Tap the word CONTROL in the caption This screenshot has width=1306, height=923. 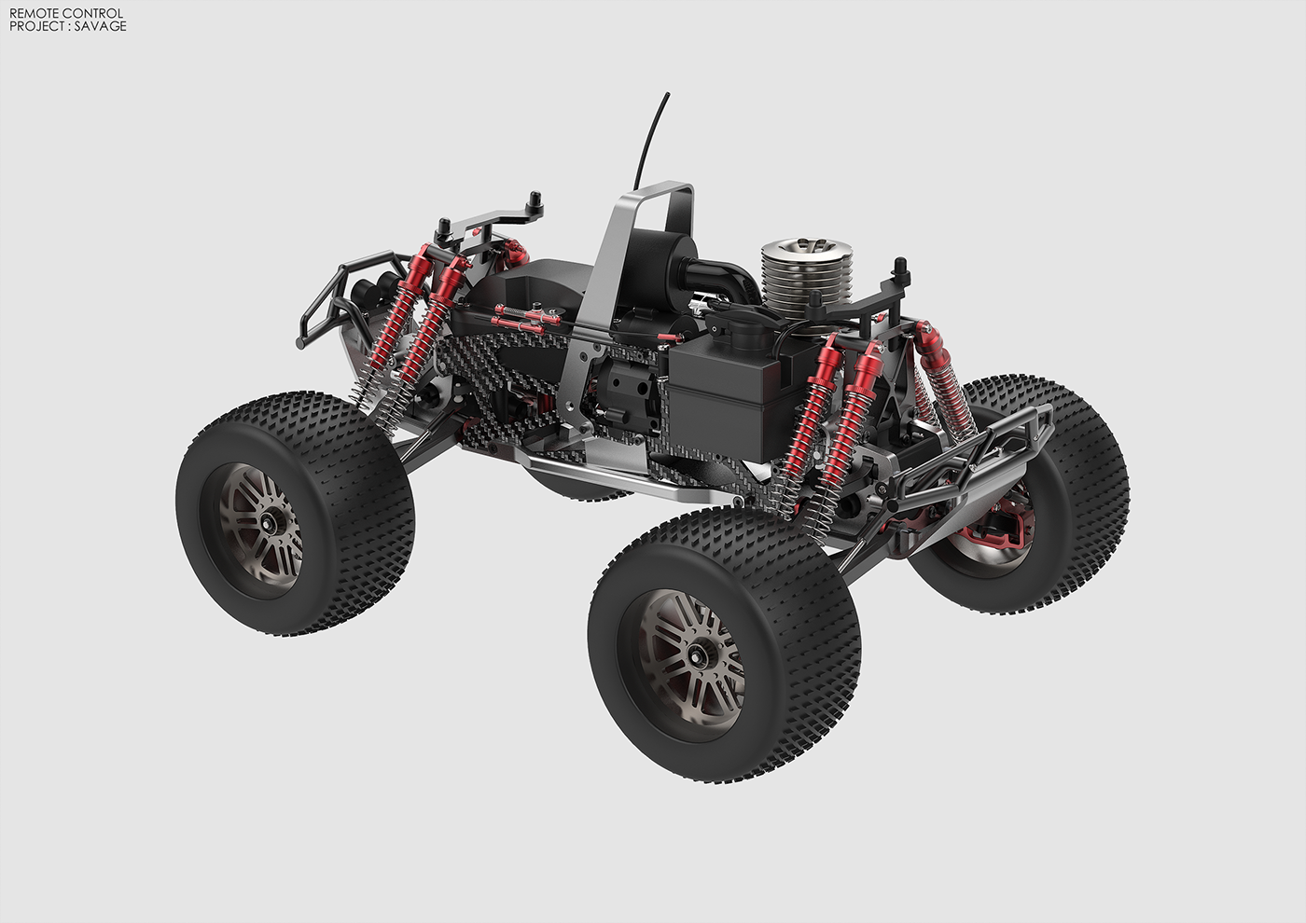(92, 13)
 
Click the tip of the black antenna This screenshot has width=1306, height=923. (667, 94)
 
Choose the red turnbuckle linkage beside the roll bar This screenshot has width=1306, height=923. (527, 320)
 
